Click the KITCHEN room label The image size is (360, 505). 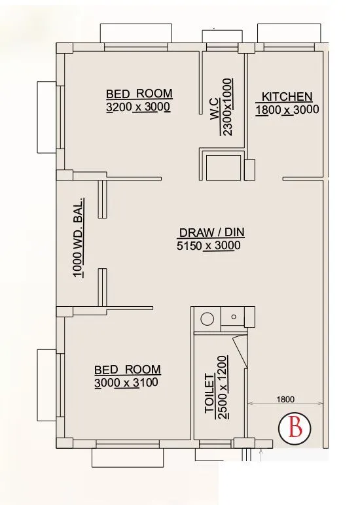pyautogui.click(x=282, y=97)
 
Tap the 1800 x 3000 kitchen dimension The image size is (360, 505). pyautogui.click(x=287, y=109)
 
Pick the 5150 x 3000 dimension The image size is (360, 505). pyautogui.click(x=209, y=246)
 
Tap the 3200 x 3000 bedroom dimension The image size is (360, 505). pyautogui.click(x=138, y=107)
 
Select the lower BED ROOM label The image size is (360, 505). pyautogui.click(x=127, y=370)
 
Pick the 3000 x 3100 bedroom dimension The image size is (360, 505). pyautogui.click(x=126, y=383)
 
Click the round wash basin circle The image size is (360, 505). pyautogui.click(x=207, y=320)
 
